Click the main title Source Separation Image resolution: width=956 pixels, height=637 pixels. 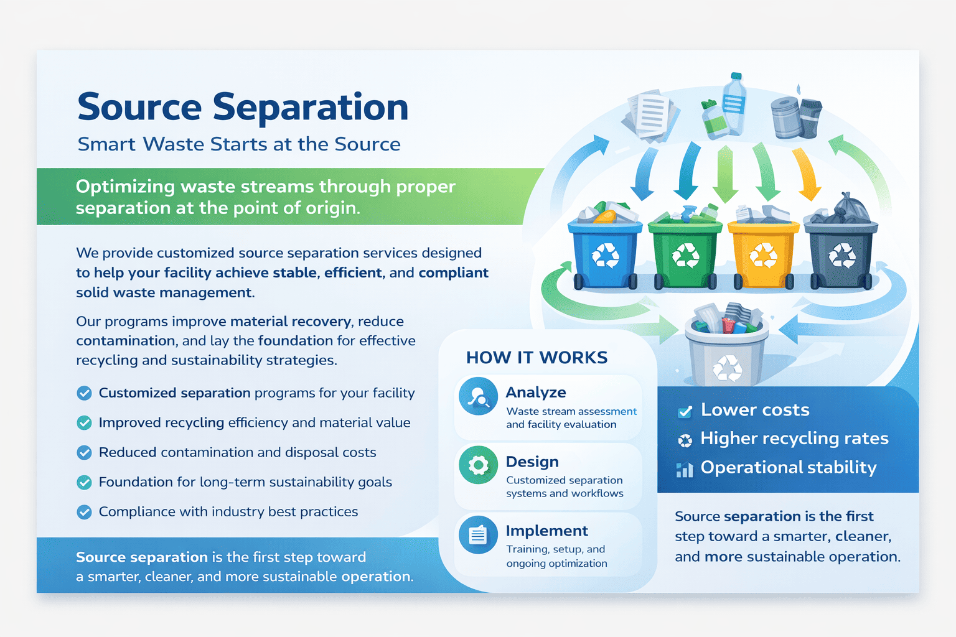243,107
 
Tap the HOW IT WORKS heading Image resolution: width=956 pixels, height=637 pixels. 537,358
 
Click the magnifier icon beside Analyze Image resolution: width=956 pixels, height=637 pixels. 478,396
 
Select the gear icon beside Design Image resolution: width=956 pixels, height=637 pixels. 478,465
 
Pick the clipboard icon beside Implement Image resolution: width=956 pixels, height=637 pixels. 478,534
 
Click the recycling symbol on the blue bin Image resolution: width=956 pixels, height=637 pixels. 605,255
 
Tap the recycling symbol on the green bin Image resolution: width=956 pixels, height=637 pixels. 685,255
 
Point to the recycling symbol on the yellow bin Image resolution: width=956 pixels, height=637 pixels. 763,255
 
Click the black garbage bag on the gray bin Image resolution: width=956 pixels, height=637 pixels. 843,209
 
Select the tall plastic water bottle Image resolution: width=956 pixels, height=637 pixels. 734,104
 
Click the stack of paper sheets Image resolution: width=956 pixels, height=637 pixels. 650,115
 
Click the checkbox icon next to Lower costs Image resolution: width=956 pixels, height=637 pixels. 685,411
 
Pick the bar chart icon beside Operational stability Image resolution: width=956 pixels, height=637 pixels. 685,469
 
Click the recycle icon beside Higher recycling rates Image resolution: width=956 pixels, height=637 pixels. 685,440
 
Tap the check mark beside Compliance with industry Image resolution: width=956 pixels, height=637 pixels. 84,511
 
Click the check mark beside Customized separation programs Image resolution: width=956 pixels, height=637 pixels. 84,393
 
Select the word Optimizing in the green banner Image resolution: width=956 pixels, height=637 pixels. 125,187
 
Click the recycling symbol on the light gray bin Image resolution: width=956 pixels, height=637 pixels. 728,368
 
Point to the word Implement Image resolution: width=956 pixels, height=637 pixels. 546,531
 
